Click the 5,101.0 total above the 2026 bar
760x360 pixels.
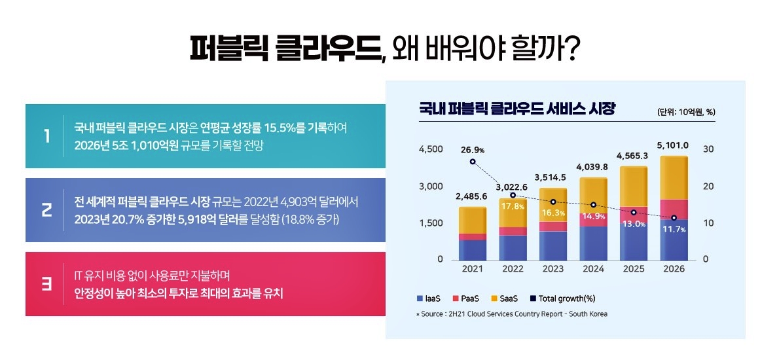672,145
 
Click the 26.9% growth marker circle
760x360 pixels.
473,162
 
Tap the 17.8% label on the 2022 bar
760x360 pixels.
513,206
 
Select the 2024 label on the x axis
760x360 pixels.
592,269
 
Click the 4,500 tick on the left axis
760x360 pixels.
431,149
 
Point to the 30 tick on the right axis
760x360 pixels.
708,149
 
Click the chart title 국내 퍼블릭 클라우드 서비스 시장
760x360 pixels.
517,109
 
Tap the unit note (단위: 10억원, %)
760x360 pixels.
686,112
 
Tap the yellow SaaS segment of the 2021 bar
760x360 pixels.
471,220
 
